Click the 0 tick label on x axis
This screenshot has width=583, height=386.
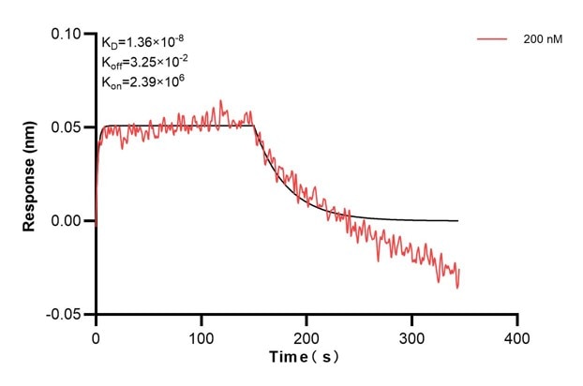(96, 336)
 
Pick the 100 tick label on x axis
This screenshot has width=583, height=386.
(202, 336)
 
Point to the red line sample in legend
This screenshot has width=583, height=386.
(493, 40)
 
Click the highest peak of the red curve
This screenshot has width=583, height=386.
(221, 100)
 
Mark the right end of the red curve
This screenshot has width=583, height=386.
(459, 271)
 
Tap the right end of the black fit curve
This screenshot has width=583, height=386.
(458, 220)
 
